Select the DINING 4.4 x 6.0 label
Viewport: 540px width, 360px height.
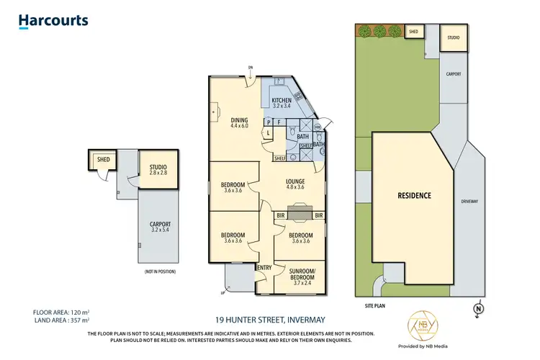point(239,123)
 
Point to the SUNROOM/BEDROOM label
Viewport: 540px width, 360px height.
point(300,277)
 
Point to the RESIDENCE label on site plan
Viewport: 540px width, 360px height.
point(414,195)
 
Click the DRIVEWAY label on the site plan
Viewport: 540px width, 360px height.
point(469,201)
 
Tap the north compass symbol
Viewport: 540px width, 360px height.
point(478,310)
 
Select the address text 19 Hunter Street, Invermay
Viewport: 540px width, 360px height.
point(269,319)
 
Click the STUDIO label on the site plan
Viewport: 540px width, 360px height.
point(453,37)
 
